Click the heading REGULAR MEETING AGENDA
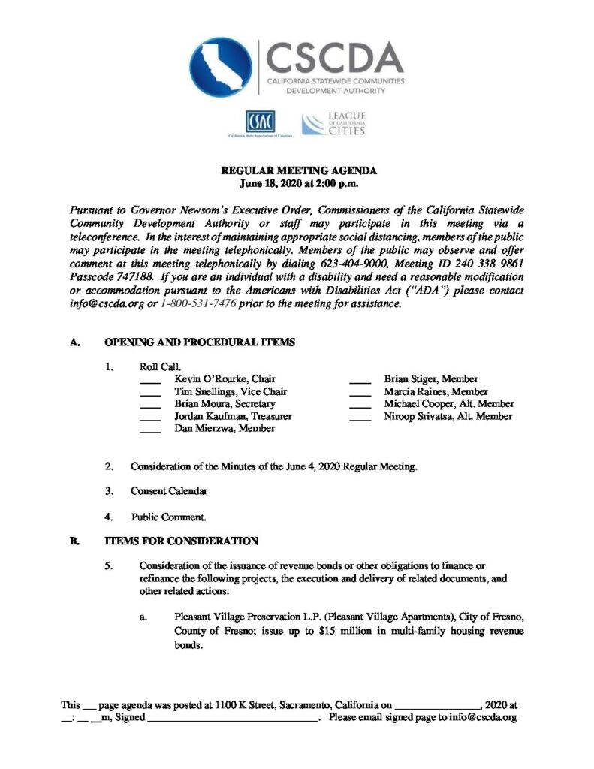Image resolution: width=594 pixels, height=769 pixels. click(297, 171)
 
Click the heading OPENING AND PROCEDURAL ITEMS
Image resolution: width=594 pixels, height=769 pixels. click(199, 342)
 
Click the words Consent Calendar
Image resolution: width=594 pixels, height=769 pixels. click(168, 491)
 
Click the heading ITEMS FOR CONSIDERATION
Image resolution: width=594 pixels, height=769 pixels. click(181, 541)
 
